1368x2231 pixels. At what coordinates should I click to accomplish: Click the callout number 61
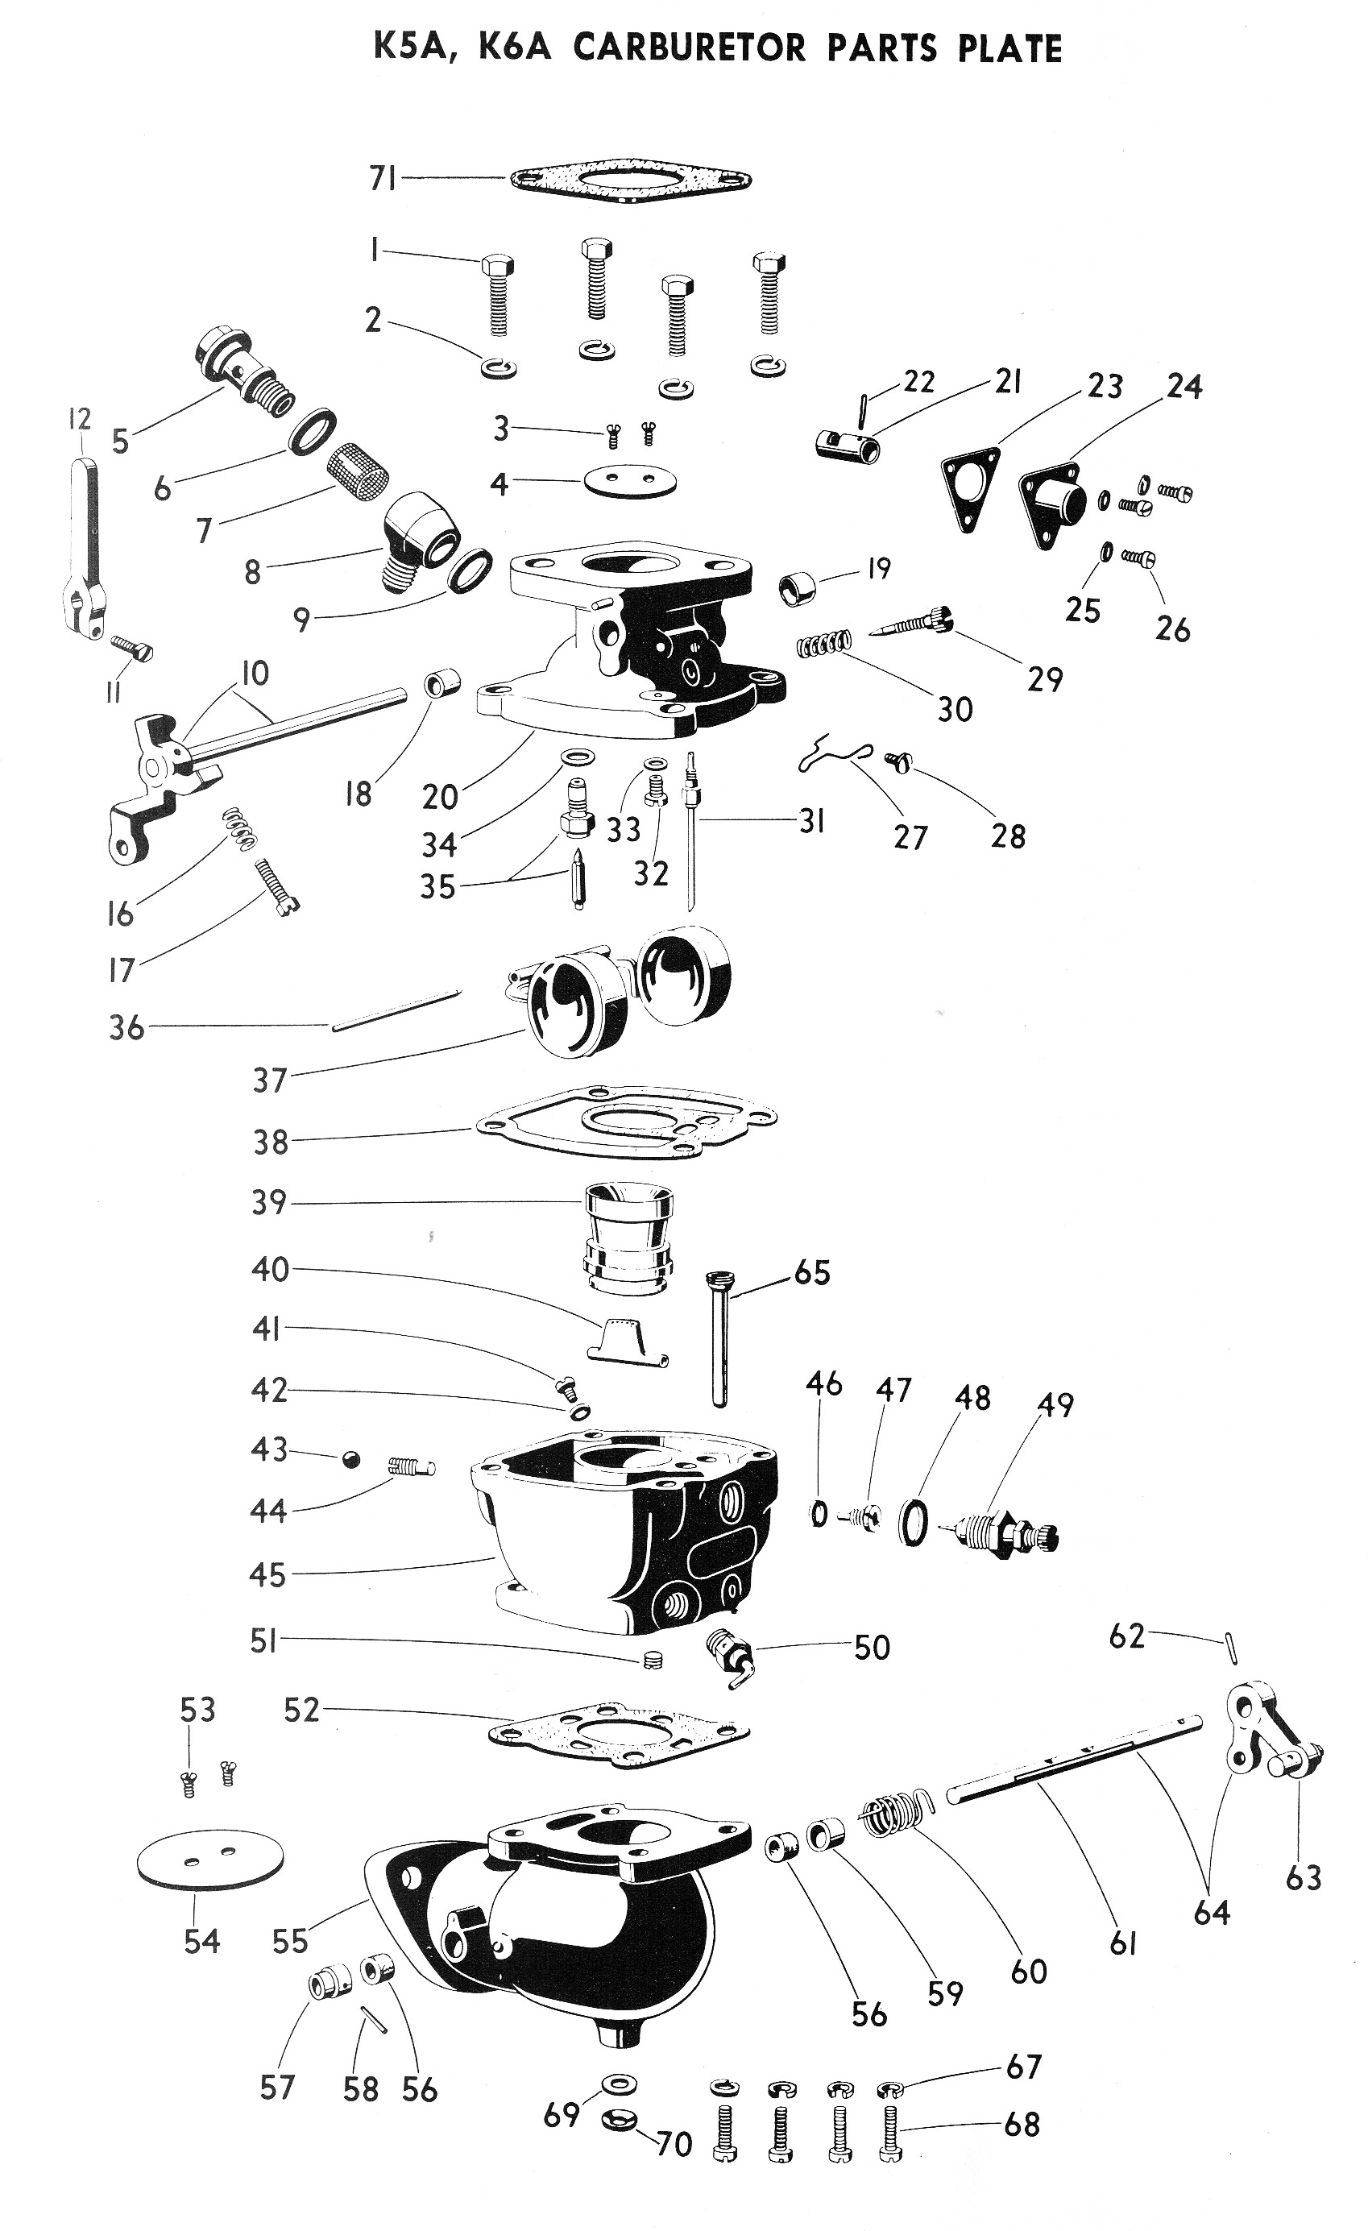[x=1122, y=1944]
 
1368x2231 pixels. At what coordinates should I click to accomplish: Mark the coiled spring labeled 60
[x=894, y=1815]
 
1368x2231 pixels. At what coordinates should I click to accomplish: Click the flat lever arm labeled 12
[x=85, y=543]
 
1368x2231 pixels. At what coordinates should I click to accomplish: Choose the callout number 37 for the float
[x=269, y=1080]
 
